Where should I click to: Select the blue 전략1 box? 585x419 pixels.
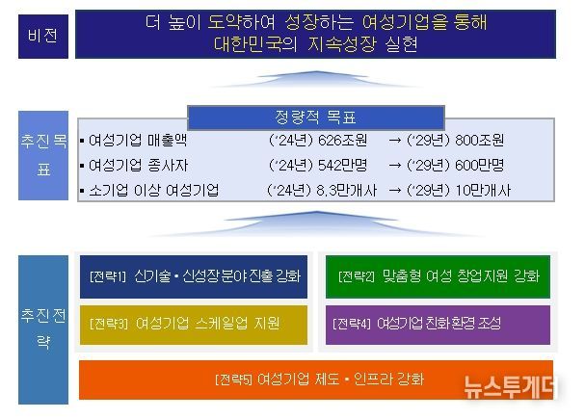(192, 276)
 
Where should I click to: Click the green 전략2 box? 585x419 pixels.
(438, 276)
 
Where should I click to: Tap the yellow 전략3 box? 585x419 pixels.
(192, 324)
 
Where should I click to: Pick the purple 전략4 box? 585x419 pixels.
(438, 324)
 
